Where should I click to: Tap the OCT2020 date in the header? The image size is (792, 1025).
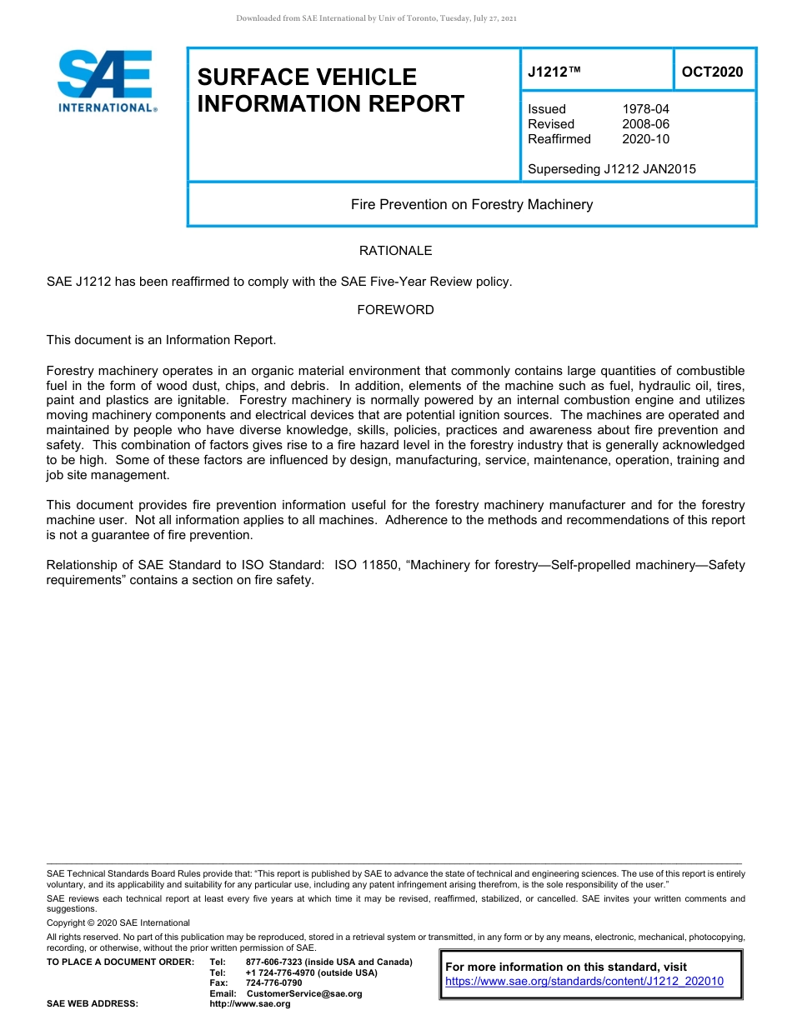712,72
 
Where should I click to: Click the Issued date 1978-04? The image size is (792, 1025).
645,109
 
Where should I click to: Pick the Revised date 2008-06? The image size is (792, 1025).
645,124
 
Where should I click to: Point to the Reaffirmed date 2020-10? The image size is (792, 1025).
645,139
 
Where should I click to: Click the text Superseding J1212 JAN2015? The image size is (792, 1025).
612,169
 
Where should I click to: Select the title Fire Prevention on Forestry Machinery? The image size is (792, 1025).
472,204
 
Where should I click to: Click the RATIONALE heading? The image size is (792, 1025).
395,251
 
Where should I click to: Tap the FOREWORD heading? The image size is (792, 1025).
395,310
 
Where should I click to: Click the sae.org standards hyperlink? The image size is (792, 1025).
584,982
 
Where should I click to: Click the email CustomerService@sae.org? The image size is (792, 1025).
304,993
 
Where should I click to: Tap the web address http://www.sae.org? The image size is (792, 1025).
250,1004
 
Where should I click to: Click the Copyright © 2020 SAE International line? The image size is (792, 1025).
118,922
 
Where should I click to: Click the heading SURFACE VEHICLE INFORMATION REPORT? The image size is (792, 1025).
331,90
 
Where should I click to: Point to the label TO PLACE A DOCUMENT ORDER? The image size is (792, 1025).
120,962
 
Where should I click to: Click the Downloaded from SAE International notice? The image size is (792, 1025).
377,18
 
